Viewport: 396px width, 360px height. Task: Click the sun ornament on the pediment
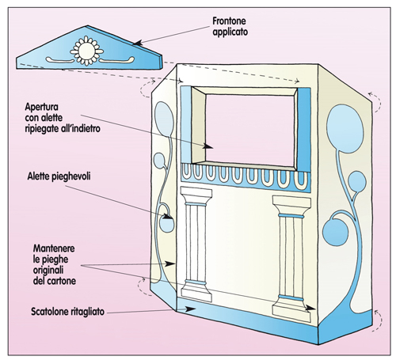pyautogui.click(x=87, y=51)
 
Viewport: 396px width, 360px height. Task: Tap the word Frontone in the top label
pyautogui.click(x=229, y=21)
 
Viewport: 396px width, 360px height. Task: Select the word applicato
pyautogui.click(x=230, y=32)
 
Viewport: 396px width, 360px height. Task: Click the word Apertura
pyautogui.click(x=41, y=107)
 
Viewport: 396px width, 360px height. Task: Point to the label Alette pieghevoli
pyautogui.click(x=59, y=176)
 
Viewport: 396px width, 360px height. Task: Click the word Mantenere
pyautogui.click(x=54, y=248)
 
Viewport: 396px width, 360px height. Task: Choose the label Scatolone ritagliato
pyautogui.click(x=68, y=312)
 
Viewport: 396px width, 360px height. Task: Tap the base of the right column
pyautogui.click(x=291, y=309)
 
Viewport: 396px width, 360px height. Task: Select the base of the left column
pyautogui.click(x=196, y=291)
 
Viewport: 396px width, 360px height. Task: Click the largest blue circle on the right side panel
pyautogui.click(x=345, y=129)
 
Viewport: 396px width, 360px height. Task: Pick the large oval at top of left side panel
pyautogui.click(x=164, y=119)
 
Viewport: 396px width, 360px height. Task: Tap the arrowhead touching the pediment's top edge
pyautogui.click(x=138, y=44)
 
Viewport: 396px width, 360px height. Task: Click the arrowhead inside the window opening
pyautogui.click(x=208, y=146)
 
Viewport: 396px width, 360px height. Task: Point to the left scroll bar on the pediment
pyautogui.click(x=59, y=59)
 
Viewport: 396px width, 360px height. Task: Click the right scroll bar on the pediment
pyautogui.click(x=117, y=60)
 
